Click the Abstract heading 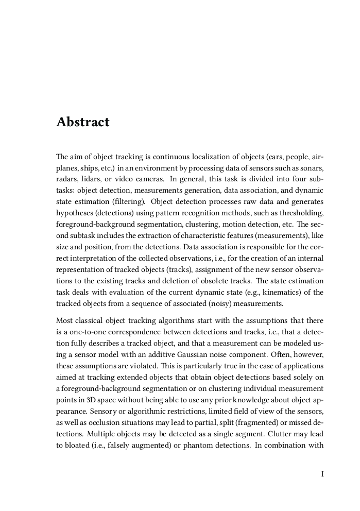(x=83, y=122)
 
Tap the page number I (x=322, y=474)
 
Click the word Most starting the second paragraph (x=64, y=321)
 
